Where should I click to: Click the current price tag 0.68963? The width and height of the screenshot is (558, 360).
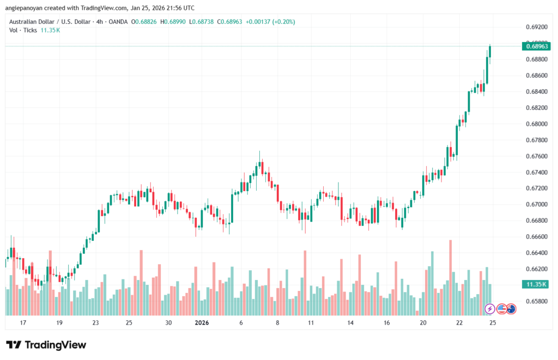pos(537,46)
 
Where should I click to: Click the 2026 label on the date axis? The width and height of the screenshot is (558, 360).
pos(202,323)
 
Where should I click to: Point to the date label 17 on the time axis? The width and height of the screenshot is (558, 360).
pos(23,323)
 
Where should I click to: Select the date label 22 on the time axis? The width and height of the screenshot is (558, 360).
pos(459,323)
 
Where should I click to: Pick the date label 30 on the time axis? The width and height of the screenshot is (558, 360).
pos(169,323)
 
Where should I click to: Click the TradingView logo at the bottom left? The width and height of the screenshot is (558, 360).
pos(46,345)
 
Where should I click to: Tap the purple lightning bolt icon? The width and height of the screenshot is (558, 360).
pos(490,309)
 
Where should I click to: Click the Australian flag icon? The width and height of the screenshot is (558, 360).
pos(511,309)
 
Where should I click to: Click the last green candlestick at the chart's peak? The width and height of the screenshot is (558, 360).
pos(490,52)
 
